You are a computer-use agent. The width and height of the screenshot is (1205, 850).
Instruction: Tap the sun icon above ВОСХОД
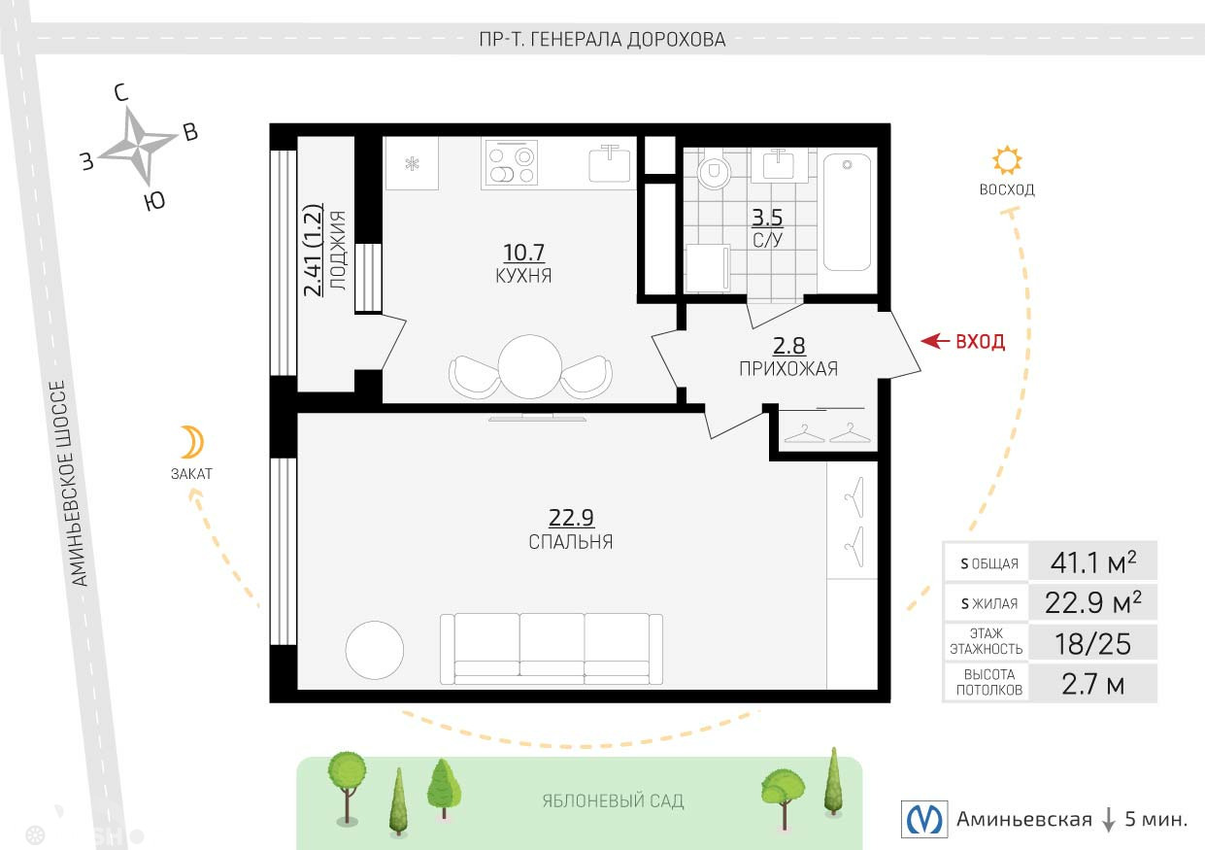tap(1007, 160)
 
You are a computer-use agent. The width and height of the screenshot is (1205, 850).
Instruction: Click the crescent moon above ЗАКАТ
tap(193, 442)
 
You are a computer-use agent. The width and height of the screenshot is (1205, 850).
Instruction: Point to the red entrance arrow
tap(935, 341)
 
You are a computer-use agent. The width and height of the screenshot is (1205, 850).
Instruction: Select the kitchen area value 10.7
tap(523, 252)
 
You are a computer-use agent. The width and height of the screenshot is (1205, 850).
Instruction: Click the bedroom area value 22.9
tap(571, 518)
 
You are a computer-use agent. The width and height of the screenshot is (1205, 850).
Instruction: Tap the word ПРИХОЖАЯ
tap(788, 369)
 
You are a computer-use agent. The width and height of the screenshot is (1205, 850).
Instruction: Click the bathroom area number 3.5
tap(766, 218)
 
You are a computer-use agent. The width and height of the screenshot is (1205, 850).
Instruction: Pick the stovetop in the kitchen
tap(511, 161)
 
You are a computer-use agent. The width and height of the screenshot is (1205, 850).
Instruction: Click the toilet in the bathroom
tap(714, 170)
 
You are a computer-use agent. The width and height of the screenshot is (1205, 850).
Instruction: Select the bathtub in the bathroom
tap(847, 212)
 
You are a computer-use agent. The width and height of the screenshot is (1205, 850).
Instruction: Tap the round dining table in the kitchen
tap(530, 366)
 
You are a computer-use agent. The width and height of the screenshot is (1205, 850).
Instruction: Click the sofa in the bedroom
tap(552, 649)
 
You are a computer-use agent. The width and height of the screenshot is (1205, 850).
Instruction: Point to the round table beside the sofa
tap(375, 650)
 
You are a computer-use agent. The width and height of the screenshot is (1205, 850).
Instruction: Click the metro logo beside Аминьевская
tap(924, 819)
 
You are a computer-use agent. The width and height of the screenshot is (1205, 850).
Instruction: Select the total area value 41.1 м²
tap(1093, 562)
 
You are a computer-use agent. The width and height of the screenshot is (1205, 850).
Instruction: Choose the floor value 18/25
tap(1092, 644)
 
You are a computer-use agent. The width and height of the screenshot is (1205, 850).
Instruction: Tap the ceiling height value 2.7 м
tap(1092, 685)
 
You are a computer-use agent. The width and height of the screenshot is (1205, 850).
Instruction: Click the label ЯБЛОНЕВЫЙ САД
tap(613, 801)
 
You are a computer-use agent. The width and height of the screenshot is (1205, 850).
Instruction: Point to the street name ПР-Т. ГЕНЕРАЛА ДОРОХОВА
tap(602, 39)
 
